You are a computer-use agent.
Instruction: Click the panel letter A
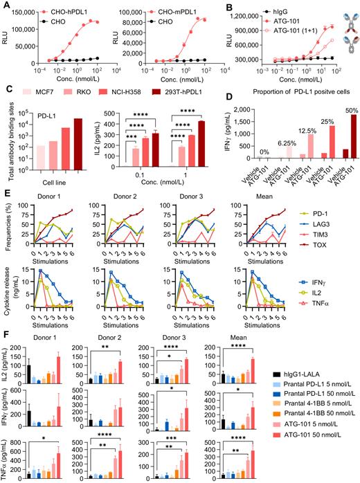[5, 6]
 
